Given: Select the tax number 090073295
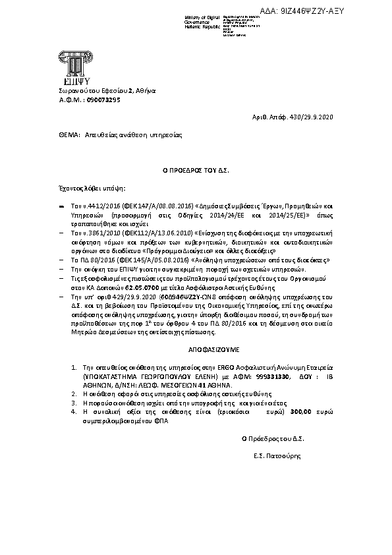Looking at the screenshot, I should pyautogui.click(x=101, y=100).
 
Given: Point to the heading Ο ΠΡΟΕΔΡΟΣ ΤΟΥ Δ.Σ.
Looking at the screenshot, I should pyautogui.click(x=195, y=170).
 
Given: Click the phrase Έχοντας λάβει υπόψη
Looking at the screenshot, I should pyautogui.click(x=82, y=188).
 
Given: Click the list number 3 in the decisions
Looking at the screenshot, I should pyautogui.click(x=74, y=401).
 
